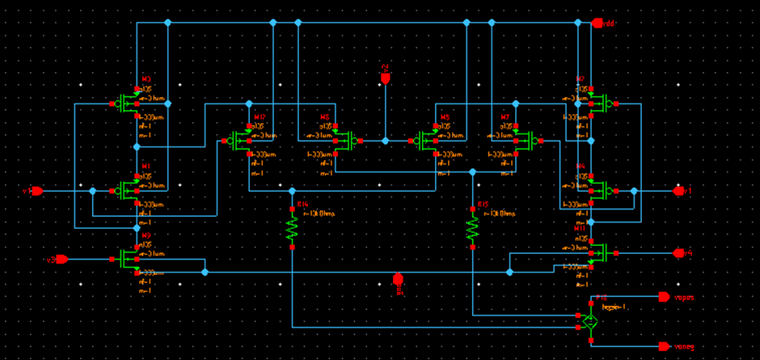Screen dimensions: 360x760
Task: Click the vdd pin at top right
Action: click(x=598, y=23)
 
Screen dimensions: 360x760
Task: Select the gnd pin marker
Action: click(x=398, y=279)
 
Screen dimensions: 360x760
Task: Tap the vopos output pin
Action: click(x=664, y=297)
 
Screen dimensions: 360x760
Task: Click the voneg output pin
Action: click(x=664, y=346)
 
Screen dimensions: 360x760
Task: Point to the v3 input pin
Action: click(x=61, y=260)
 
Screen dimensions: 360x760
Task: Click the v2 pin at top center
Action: click(x=386, y=78)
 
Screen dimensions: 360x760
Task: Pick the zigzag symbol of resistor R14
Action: click(x=292, y=228)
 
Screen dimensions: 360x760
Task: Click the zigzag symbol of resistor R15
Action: click(x=472, y=228)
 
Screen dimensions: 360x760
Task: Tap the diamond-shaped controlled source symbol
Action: click(x=590, y=321)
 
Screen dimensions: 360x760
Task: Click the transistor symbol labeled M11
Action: click(x=599, y=253)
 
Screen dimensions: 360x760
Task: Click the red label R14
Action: click(x=303, y=205)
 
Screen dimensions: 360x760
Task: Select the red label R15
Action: click(x=483, y=205)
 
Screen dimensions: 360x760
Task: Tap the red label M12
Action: click(x=260, y=117)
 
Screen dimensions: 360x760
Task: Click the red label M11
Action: click(x=580, y=229)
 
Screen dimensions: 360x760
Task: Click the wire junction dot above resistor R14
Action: click(x=292, y=191)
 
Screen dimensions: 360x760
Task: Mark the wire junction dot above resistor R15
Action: click(x=472, y=172)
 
